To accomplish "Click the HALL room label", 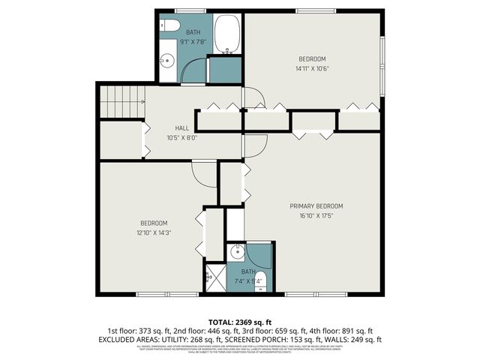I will click(x=182, y=127).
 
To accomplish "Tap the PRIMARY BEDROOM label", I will click(x=316, y=205).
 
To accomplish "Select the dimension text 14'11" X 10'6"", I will click(x=313, y=69).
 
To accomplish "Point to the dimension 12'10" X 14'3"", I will click(x=154, y=232).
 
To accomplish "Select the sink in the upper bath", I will click(x=167, y=61).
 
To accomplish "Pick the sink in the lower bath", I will click(x=235, y=250).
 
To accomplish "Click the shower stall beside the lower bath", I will click(x=214, y=276).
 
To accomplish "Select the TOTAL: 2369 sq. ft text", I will click(x=240, y=320).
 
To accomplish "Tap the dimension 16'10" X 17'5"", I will click(x=316, y=214).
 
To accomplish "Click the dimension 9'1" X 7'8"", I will click(x=193, y=42).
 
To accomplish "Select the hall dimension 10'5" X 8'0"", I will click(x=181, y=137).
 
